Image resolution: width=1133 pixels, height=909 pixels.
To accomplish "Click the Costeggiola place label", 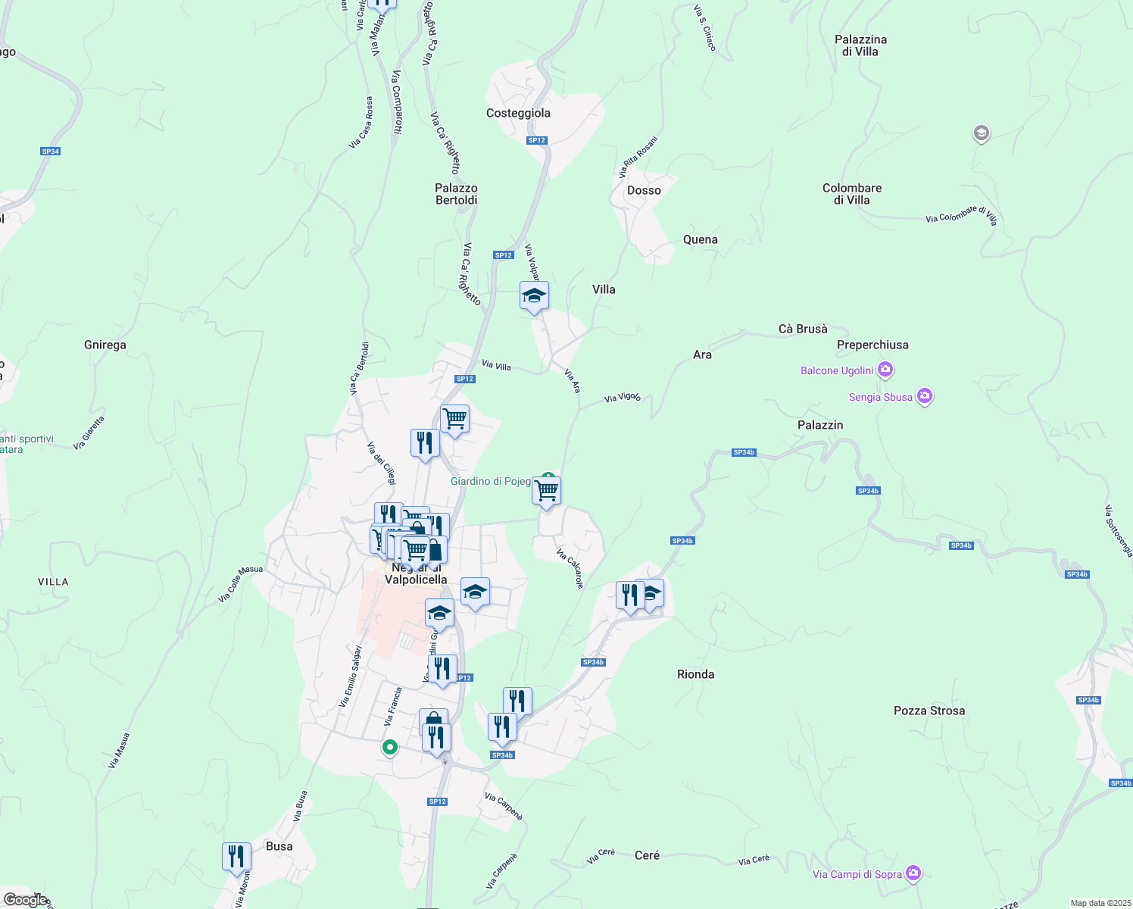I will click(x=518, y=113).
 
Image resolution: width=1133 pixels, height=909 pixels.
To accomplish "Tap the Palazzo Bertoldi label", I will click(x=456, y=194).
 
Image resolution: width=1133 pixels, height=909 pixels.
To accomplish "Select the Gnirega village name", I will click(x=105, y=345).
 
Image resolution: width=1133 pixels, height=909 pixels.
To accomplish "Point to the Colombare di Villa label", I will click(x=852, y=194).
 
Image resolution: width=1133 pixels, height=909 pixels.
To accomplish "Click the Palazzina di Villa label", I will click(x=860, y=45).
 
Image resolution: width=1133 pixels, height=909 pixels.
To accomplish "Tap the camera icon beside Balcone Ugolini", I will click(x=885, y=370).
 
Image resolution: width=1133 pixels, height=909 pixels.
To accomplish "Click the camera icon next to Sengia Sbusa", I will click(x=924, y=397).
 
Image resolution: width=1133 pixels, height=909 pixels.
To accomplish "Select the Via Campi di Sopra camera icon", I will click(x=913, y=874).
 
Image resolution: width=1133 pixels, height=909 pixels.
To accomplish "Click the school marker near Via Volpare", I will click(x=534, y=296).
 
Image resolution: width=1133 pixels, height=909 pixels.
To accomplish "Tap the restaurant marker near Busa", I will click(x=236, y=857).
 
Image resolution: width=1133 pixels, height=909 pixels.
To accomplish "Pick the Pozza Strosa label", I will click(x=929, y=711).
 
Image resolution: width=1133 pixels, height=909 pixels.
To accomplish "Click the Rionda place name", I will click(x=695, y=674).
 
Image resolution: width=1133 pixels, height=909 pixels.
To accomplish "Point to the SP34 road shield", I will click(x=51, y=151).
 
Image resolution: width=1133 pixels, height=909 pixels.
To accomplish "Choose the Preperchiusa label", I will click(x=872, y=345).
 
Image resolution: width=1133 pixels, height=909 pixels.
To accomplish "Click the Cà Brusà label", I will click(x=803, y=329).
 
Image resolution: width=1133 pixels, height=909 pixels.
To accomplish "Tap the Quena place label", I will click(x=700, y=239).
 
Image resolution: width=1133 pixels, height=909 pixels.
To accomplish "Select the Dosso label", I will click(x=644, y=190).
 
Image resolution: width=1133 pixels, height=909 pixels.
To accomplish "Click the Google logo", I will click(x=26, y=900).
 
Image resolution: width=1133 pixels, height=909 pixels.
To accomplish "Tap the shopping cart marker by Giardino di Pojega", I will click(x=546, y=491).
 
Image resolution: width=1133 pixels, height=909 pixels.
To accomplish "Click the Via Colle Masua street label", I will click(x=240, y=585).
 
